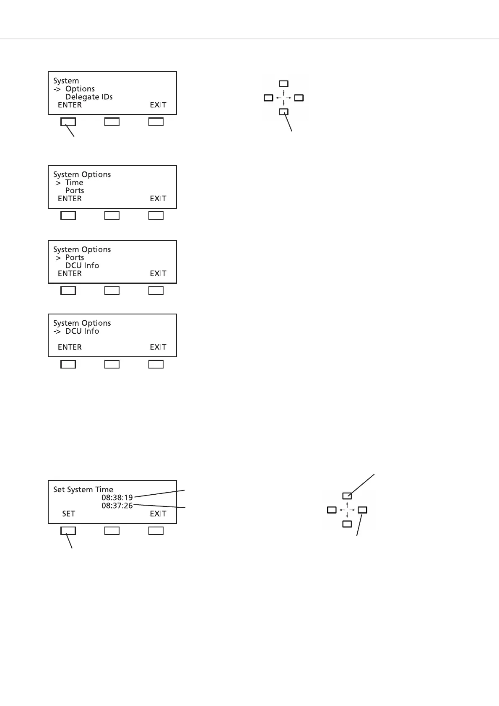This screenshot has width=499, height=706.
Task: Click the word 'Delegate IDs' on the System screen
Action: point(89,97)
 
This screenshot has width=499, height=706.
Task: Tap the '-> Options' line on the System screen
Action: point(74,89)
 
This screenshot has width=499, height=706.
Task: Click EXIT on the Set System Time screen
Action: point(158,514)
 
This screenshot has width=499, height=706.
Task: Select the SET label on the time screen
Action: point(69,514)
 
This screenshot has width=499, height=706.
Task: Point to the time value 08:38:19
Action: point(117,498)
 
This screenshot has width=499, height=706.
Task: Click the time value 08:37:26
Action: point(117,506)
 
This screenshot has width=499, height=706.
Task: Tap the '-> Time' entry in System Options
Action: point(68,182)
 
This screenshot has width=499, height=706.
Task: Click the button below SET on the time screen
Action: point(68,531)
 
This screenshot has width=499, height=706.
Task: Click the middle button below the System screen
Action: point(112,122)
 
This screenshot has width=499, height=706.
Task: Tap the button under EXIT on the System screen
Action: point(156,122)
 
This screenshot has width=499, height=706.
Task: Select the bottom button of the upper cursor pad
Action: point(284,112)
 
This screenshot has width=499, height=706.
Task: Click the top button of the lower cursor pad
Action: point(347,496)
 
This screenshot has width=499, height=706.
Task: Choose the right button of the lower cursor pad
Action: point(363,510)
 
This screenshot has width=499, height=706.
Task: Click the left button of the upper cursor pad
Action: point(268,98)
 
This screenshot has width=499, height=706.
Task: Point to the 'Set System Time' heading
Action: point(83,489)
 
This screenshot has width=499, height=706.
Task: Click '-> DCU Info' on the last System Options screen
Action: point(76,331)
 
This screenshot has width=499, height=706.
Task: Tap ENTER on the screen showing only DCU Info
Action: point(70,347)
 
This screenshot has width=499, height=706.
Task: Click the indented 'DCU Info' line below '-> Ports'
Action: point(82,265)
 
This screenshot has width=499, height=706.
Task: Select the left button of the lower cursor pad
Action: point(332,510)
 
